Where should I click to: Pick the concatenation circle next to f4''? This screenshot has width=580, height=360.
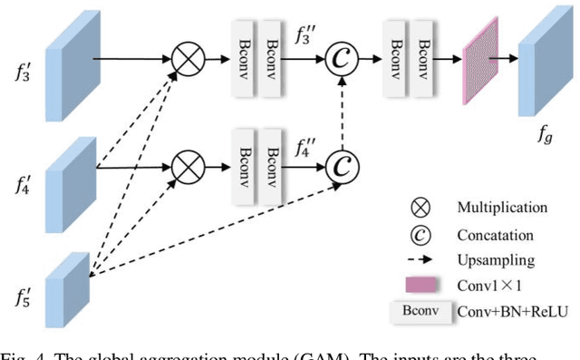(342, 166)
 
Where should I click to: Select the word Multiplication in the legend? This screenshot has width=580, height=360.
(502, 208)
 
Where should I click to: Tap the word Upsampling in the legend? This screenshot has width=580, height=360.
(496, 260)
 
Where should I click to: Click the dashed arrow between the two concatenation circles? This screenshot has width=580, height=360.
(342, 114)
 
